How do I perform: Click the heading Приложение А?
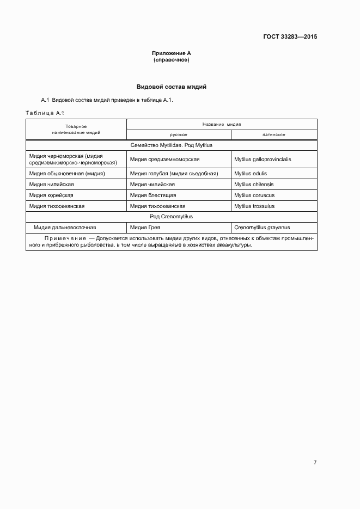171,53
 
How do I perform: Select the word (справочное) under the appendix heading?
171,60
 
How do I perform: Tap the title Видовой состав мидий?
171,87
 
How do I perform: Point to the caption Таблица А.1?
45,113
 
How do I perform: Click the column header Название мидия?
221,124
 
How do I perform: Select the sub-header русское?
179,134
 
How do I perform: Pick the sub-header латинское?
274,134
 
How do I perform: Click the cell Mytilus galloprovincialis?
263,160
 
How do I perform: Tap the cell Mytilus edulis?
251,174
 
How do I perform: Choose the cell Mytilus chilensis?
254,185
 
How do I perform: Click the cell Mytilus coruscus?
254,195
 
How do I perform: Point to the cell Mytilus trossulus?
254,206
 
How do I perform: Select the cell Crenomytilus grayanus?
261,228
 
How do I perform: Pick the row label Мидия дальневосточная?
65,228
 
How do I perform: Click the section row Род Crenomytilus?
171,217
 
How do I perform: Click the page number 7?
315,463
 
